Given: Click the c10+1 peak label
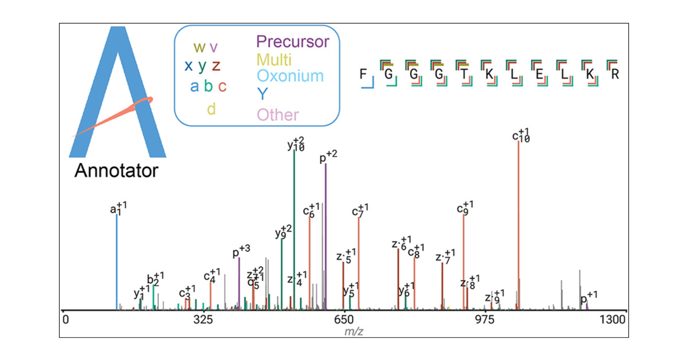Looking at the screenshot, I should [521, 135].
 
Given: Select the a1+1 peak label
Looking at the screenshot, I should [118, 208].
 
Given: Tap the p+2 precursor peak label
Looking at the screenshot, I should [328, 157].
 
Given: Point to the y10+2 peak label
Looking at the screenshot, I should [296, 144].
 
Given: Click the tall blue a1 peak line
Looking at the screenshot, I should [117, 262].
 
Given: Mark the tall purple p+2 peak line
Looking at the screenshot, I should [325, 237].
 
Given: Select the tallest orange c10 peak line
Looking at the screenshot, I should [518, 224].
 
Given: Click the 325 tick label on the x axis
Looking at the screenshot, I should [203, 320].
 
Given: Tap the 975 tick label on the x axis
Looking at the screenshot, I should [485, 320].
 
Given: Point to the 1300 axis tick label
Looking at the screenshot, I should [612, 320].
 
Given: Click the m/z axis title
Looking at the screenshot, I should [354, 331].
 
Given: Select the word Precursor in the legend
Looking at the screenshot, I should [293, 42].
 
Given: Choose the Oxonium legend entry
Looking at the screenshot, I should [290, 76].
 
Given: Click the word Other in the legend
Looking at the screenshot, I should [278, 115].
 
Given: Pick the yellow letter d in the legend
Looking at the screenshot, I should [211, 109].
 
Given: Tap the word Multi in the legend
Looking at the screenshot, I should [274, 60].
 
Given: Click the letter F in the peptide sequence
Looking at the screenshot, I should [363, 74].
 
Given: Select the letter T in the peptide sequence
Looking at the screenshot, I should [464, 74].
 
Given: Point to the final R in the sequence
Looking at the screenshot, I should [615, 74].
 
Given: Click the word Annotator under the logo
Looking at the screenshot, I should [116, 170].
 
